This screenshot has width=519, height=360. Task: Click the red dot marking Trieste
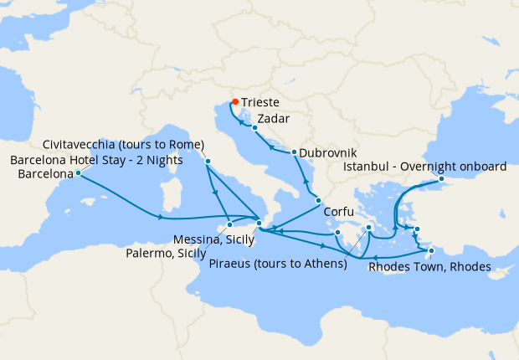click(x=235, y=102)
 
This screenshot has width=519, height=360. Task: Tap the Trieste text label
click(x=260, y=102)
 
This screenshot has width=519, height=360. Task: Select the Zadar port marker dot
click(x=254, y=128)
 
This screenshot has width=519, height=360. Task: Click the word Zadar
click(x=275, y=119)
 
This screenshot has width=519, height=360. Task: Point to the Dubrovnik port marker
click(x=294, y=152)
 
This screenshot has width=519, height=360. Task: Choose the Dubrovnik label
click(x=328, y=153)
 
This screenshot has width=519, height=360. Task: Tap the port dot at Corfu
click(x=318, y=200)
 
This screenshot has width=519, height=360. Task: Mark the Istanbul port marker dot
click(x=441, y=180)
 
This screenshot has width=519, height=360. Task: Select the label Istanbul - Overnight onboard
click(x=426, y=167)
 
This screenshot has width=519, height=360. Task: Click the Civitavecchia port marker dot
click(x=207, y=161)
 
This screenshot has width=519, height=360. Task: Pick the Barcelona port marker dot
click(x=78, y=173)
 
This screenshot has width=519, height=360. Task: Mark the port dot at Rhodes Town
click(x=431, y=250)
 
